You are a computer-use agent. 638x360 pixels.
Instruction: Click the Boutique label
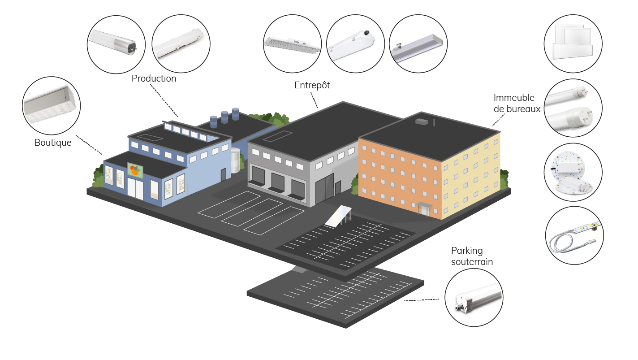point(53,143)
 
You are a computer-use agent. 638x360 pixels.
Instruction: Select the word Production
point(154,78)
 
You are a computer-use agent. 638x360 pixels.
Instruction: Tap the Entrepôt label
point(312,85)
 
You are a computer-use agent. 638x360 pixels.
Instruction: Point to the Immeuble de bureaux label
point(517,103)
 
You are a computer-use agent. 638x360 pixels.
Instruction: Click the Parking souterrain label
point(472,256)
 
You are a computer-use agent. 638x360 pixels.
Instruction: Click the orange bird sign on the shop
point(135,170)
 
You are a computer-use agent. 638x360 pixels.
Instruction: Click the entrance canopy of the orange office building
point(424,206)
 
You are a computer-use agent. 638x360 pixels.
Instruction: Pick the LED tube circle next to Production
point(116,43)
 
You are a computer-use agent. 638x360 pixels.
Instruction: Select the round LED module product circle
point(573,172)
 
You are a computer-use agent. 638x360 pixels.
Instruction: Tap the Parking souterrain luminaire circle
point(474,297)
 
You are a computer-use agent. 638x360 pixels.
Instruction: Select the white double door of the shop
point(135,189)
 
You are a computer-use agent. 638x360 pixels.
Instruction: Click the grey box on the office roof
point(421,121)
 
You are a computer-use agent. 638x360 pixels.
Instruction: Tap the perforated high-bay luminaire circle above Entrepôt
point(292,43)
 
